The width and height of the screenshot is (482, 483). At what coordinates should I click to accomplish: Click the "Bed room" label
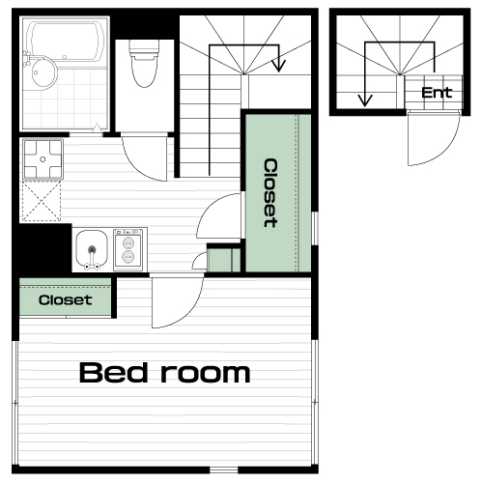(x=164, y=373)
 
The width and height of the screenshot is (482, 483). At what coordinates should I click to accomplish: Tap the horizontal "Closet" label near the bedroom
(x=65, y=300)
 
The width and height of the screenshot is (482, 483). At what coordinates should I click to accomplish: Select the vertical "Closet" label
(x=270, y=193)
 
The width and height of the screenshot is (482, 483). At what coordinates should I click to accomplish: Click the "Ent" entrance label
(x=437, y=93)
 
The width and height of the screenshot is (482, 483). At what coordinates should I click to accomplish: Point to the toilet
(x=144, y=63)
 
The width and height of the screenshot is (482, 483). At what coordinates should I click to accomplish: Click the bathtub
(x=66, y=42)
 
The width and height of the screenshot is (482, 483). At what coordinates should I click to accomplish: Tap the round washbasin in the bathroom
(x=44, y=72)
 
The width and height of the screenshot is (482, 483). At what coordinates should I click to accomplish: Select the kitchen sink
(x=92, y=249)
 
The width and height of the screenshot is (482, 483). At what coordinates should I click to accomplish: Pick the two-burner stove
(x=128, y=250)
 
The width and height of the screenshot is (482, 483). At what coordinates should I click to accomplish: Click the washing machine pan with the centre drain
(x=43, y=159)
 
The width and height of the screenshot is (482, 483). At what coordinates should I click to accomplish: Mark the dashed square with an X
(x=41, y=201)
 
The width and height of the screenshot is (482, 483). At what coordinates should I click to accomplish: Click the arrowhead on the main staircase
(x=278, y=66)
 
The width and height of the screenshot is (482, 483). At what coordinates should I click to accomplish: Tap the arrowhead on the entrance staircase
(x=365, y=100)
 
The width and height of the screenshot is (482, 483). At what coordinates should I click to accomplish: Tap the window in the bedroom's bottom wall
(x=224, y=470)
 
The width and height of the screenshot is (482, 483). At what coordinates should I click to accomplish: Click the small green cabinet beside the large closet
(x=223, y=260)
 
